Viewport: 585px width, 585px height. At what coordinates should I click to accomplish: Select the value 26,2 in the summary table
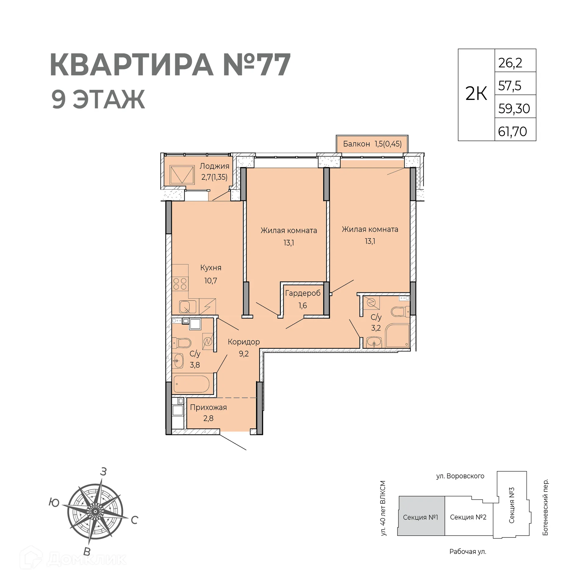(510, 63)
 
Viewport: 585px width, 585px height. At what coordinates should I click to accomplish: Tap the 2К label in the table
(476, 94)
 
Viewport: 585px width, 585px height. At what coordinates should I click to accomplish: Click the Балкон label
(356, 144)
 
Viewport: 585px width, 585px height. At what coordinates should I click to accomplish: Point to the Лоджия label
(214, 166)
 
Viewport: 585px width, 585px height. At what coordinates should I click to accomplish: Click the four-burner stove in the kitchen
(180, 284)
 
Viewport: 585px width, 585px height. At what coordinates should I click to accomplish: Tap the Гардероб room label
(303, 293)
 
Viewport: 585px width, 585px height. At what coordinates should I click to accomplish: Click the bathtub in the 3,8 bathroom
(191, 384)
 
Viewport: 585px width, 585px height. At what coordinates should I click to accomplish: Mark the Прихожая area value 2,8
(208, 418)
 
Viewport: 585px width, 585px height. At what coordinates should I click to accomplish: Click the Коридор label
(243, 342)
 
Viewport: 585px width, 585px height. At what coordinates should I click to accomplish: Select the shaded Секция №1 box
(420, 517)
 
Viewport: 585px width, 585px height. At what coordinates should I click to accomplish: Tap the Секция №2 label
(468, 517)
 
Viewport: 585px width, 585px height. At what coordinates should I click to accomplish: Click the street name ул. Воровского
(460, 476)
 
